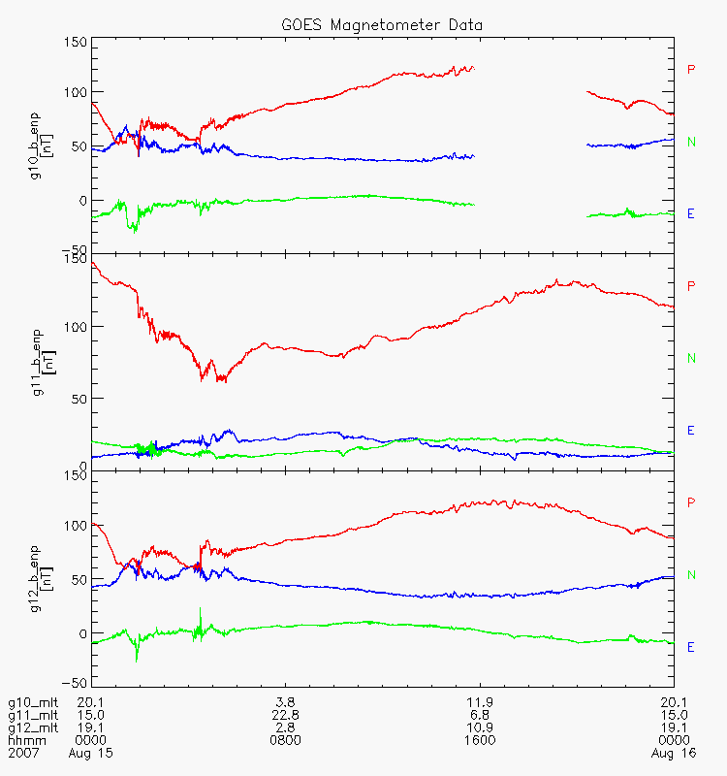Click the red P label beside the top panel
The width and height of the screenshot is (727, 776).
click(691, 69)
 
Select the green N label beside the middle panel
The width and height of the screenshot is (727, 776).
click(691, 358)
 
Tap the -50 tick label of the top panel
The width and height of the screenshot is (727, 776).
click(74, 248)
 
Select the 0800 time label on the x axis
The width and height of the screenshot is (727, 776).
click(285, 740)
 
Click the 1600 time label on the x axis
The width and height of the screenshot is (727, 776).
click(480, 740)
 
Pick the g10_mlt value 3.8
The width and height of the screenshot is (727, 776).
click(285, 702)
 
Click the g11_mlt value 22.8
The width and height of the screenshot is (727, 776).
click(285, 715)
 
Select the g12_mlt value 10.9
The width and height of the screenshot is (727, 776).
click(480, 727)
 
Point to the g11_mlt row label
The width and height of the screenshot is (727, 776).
click(30, 715)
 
